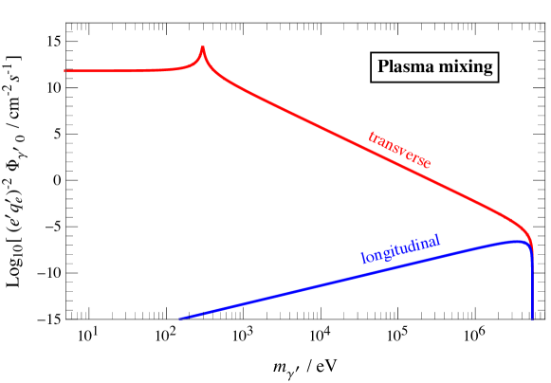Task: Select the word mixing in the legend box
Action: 464,67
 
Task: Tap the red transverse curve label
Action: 399,150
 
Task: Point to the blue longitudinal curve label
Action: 401,248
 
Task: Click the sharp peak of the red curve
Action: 202,47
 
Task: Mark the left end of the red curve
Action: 65,71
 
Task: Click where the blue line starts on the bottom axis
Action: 179,319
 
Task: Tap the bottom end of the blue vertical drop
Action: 533,318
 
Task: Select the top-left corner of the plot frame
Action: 65,24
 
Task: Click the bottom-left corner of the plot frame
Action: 65,319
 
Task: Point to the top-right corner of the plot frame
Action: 548,24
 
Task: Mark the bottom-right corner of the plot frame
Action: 548,319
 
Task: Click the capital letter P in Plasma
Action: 383,67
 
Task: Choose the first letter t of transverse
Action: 371,136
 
